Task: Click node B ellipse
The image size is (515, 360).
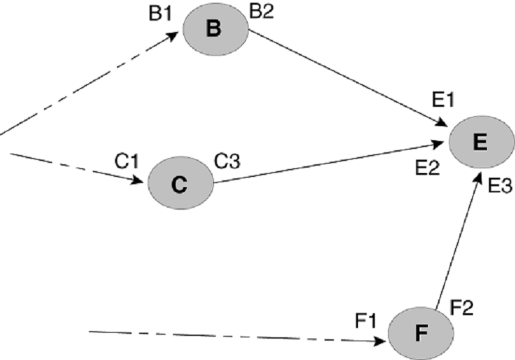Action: tap(214, 30)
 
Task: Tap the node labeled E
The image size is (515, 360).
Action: tap(482, 142)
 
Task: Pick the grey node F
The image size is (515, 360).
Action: tap(420, 332)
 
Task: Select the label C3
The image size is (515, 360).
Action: tap(228, 161)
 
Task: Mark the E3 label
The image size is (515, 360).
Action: tap(500, 185)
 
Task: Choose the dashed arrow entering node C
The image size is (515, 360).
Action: tap(77, 167)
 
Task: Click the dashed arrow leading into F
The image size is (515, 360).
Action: tap(234, 336)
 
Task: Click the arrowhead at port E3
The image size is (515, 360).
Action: tap(478, 176)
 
